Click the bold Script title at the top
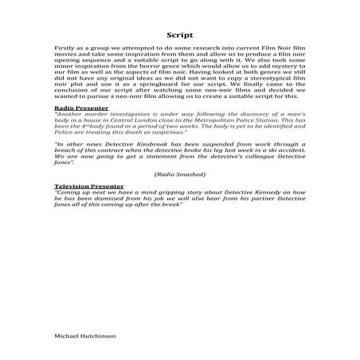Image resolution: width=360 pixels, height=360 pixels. point(180,35)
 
